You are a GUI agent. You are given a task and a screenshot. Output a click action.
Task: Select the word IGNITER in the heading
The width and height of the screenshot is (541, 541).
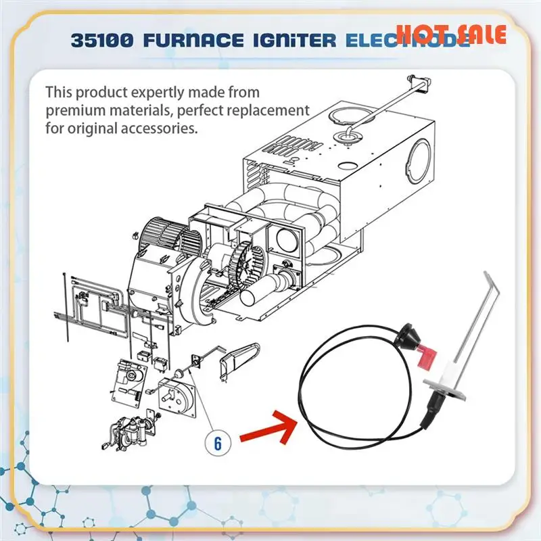point(296,39)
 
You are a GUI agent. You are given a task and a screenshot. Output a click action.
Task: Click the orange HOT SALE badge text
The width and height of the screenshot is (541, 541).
point(450,33)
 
